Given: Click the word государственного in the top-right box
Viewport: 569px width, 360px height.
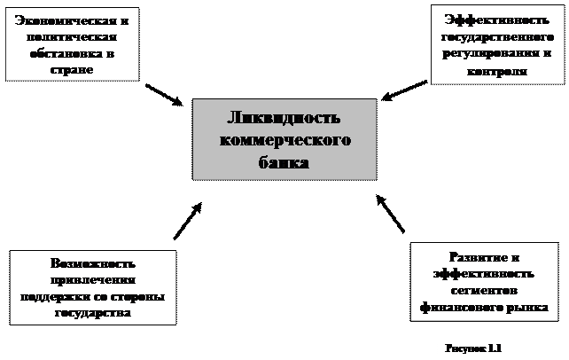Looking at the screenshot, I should [x=492, y=37].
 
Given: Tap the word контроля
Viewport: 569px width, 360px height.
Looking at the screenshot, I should [x=495, y=71].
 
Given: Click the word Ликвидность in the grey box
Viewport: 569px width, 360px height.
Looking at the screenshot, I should [x=284, y=120].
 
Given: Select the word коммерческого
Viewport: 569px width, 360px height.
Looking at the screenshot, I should [x=284, y=141].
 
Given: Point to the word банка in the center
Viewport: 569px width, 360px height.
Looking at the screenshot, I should [x=284, y=162].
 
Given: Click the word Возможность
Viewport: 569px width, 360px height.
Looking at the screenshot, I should [x=93, y=264].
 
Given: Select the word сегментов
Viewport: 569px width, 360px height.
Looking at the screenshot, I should [x=484, y=290].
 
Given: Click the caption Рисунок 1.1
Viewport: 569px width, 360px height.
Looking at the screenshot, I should [x=473, y=348].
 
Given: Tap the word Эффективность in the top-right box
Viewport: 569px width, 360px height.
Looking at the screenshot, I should [x=492, y=20].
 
